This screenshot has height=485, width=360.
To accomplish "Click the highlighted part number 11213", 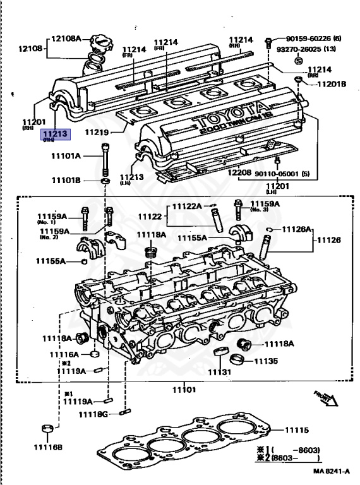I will click(56, 134).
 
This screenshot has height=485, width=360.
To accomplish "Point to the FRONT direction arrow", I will click(325, 397).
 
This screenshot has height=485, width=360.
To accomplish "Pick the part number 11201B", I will click(331, 83).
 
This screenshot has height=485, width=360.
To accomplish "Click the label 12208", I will click(239, 172).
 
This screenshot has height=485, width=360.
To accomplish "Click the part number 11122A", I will click(186, 206).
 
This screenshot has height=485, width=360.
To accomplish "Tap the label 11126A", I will click(294, 229).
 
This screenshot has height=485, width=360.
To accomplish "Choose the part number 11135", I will click(265, 361).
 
